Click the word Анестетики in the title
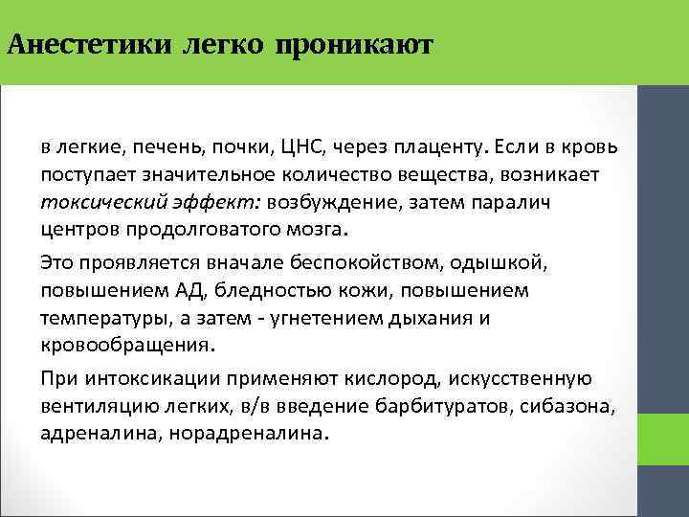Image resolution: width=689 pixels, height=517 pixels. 89,44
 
